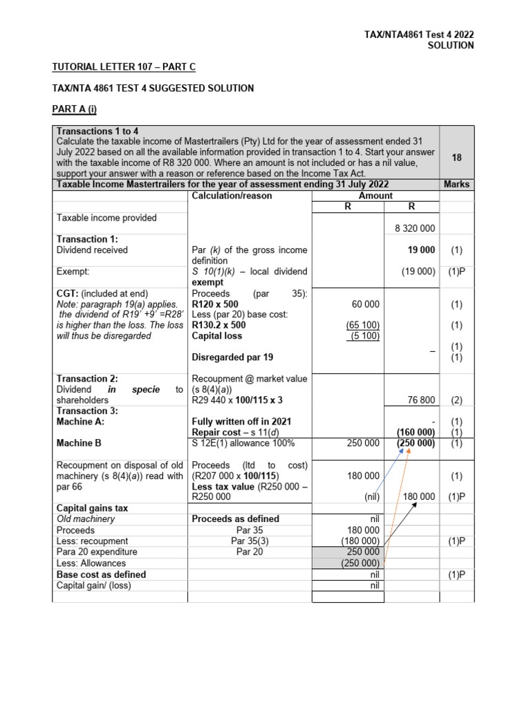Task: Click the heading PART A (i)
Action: (77, 109)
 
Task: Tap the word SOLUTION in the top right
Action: (450, 46)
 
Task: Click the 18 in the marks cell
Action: (456, 158)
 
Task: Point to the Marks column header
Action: (456, 185)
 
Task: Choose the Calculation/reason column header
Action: (232, 196)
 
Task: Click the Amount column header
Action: (375, 196)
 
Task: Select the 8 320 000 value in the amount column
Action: (412, 228)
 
